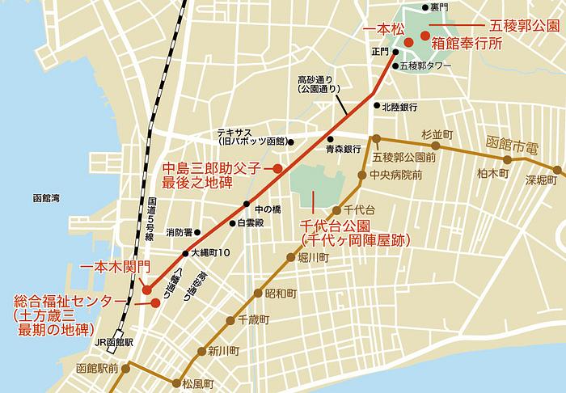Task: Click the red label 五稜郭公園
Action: [x=526, y=26]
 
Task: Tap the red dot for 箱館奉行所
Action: [x=424, y=36]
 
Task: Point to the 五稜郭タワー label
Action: [x=428, y=65]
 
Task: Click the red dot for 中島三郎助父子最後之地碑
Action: [x=277, y=169]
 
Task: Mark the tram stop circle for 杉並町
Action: [x=435, y=146]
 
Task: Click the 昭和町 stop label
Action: [x=281, y=292]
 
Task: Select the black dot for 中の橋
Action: [x=251, y=202]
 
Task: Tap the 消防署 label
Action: [x=179, y=233]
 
